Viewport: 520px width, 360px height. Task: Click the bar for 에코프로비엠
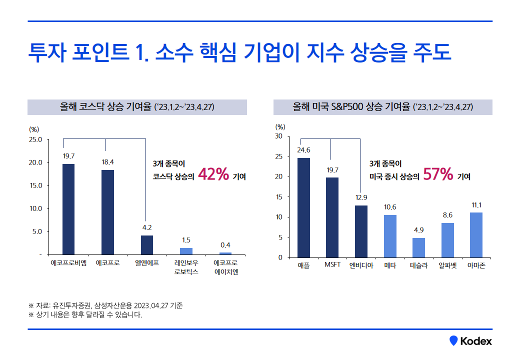[x=68, y=209]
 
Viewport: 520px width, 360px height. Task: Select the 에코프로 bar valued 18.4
[x=107, y=212]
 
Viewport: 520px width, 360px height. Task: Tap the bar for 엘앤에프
[x=147, y=245]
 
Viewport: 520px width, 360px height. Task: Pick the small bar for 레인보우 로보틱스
[x=186, y=251]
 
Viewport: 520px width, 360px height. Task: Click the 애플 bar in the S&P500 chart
[x=303, y=207]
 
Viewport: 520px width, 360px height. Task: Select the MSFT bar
[x=332, y=217]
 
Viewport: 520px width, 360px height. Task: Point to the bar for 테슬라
[x=418, y=247]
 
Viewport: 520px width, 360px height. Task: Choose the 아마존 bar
[x=476, y=235]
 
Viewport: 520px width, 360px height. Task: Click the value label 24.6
[x=303, y=149]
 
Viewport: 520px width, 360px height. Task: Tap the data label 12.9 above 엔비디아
[x=361, y=197]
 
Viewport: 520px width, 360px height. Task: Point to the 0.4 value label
[x=225, y=245]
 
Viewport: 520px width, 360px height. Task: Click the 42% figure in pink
[x=213, y=174]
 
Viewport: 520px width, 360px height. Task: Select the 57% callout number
[x=438, y=174]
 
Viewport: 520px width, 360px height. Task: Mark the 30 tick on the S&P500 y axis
[x=278, y=136]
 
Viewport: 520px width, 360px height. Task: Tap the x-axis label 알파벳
[x=447, y=265]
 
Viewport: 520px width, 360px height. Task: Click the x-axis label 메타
[x=390, y=265]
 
